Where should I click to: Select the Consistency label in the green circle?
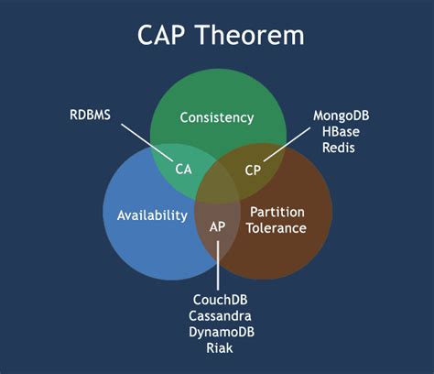click(216, 117)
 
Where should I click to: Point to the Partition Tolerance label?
click(277, 220)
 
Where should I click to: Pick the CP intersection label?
click(254, 169)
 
